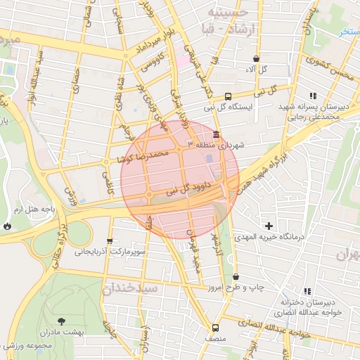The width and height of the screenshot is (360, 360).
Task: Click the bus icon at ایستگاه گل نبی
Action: pos(228,97)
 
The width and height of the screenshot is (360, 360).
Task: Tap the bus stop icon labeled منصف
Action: pos(215,327)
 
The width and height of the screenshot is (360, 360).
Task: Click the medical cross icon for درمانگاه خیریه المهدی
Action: pos(268,226)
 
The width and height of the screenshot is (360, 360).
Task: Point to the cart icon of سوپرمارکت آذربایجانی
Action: pos(110,240)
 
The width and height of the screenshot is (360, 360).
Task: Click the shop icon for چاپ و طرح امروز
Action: pos(235,277)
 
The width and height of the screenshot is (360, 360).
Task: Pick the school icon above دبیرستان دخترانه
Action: pos(307,291)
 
